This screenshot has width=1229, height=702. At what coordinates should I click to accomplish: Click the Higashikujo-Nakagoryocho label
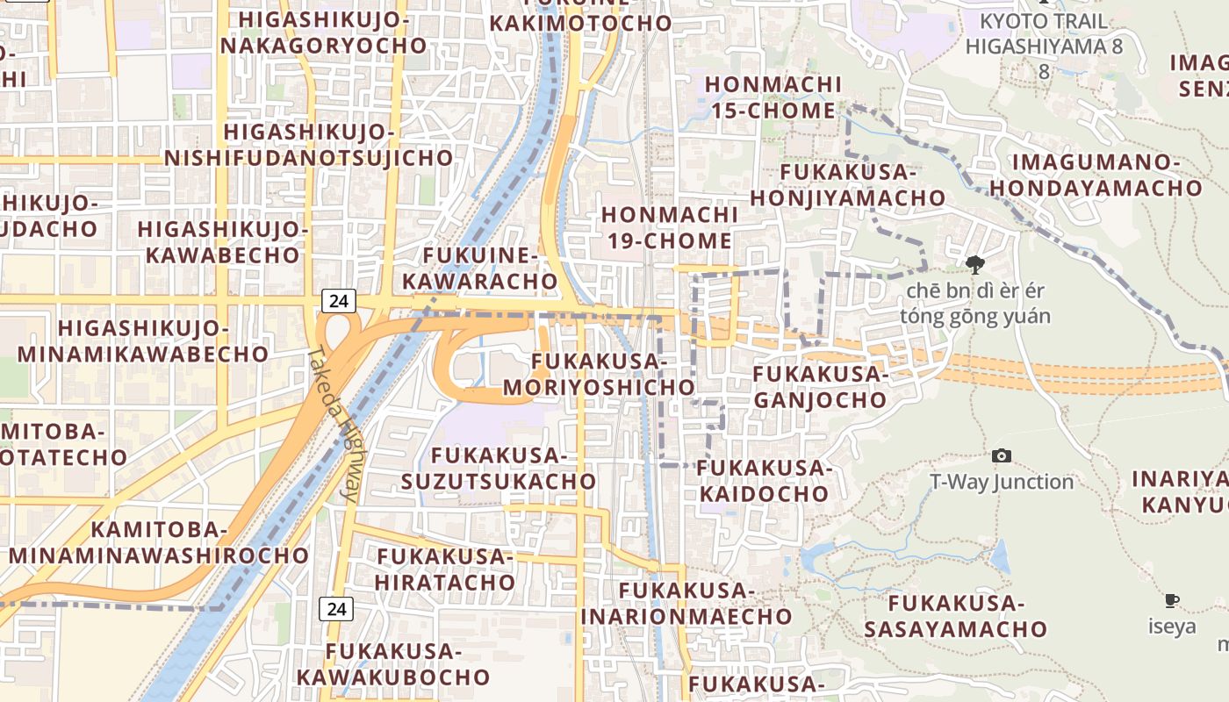click(323, 32)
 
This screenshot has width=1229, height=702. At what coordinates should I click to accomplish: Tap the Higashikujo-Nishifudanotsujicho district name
click(309, 146)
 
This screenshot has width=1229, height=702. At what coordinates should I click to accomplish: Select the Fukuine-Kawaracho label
click(490, 269)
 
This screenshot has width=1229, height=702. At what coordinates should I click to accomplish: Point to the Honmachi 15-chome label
click(773, 97)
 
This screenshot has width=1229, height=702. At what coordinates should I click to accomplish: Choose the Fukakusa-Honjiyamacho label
click(848, 185)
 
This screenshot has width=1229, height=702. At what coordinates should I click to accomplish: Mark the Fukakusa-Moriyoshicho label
click(600, 375)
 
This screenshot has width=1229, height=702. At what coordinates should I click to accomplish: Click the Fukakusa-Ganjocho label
click(821, 387)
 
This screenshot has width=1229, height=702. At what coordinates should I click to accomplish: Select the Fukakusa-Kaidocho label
click(764, 481)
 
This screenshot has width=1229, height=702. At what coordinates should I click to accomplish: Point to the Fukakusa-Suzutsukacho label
click(499, 469)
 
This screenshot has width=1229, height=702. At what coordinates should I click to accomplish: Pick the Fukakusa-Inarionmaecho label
click(686, 603)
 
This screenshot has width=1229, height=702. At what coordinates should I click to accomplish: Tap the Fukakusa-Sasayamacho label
click(956, 616)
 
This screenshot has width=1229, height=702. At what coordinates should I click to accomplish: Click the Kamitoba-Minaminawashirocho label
click(159, 542)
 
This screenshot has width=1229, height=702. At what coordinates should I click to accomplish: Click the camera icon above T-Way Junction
click(1001, 455)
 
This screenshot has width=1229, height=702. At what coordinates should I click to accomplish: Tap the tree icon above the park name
click(974, 264)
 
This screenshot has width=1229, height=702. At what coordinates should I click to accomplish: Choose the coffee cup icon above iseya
click(1171, 601)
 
